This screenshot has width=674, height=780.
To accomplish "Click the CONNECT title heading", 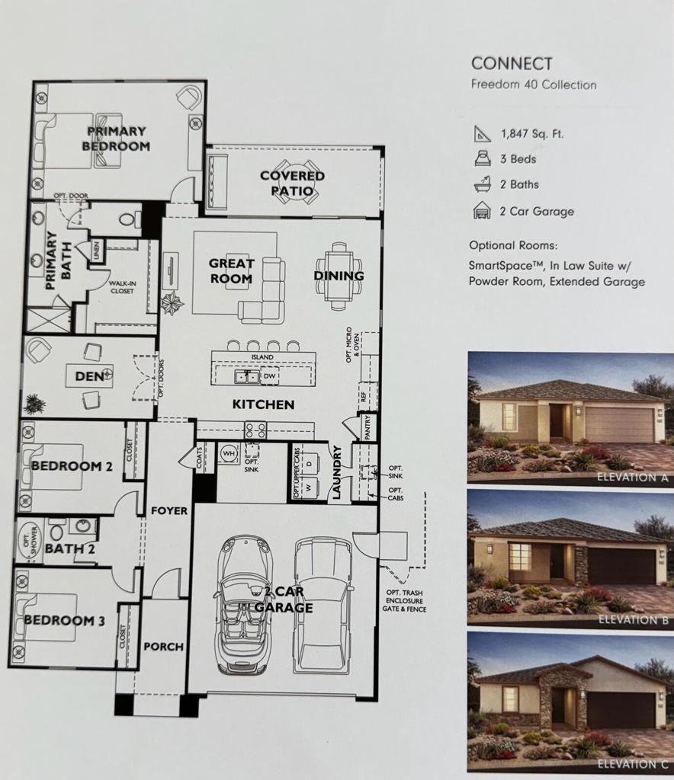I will pyautogui.click(x=511, y=64).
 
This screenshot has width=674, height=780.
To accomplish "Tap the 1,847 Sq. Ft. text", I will pyautogui.click(x=532, y=133).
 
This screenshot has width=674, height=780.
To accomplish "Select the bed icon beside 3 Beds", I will pyautogui.click(x=482, y=159).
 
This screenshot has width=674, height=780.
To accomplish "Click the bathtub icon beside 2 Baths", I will pyautogui.click(x=482, y=184).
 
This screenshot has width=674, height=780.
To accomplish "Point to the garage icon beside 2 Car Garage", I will pyautogui.click(x=482, y=211).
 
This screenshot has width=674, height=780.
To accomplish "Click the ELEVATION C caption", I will pyautogui.click(x=633, y=763).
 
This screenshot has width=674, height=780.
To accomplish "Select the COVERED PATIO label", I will pyautogui.click(x=292, y=183).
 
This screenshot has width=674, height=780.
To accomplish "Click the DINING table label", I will pyautogui.click(x=339, y=276).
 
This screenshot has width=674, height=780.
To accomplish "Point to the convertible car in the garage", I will pyautogui.click(x=244, y=606).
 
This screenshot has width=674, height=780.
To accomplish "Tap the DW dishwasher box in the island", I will pyautogui.click(x=269, y=376).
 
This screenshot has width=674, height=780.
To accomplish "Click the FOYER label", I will pyautogui.click(x=168, y=510).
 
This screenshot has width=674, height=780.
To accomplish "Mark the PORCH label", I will pyautogui.click(x=163, y=647).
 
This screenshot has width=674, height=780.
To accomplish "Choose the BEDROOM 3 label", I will pyautogui.click(x=64, y=620).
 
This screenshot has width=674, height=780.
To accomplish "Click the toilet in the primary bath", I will pyautogui.click(x=129, y=220).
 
